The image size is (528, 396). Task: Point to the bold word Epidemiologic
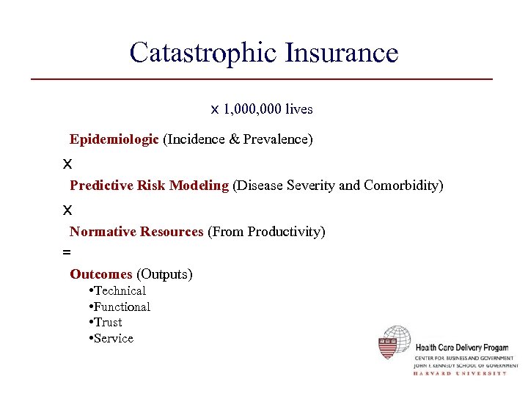click(114, 139)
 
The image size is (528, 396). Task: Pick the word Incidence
click(195, 139)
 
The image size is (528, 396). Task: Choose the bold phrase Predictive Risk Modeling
click(150, 186)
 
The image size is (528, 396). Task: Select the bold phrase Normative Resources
click(136, 232)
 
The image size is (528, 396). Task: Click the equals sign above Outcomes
click(67, 252)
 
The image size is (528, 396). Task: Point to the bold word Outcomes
click(101, 274)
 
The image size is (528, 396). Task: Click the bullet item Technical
click(120, 291)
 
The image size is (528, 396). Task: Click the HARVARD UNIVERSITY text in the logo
click(460, 373)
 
